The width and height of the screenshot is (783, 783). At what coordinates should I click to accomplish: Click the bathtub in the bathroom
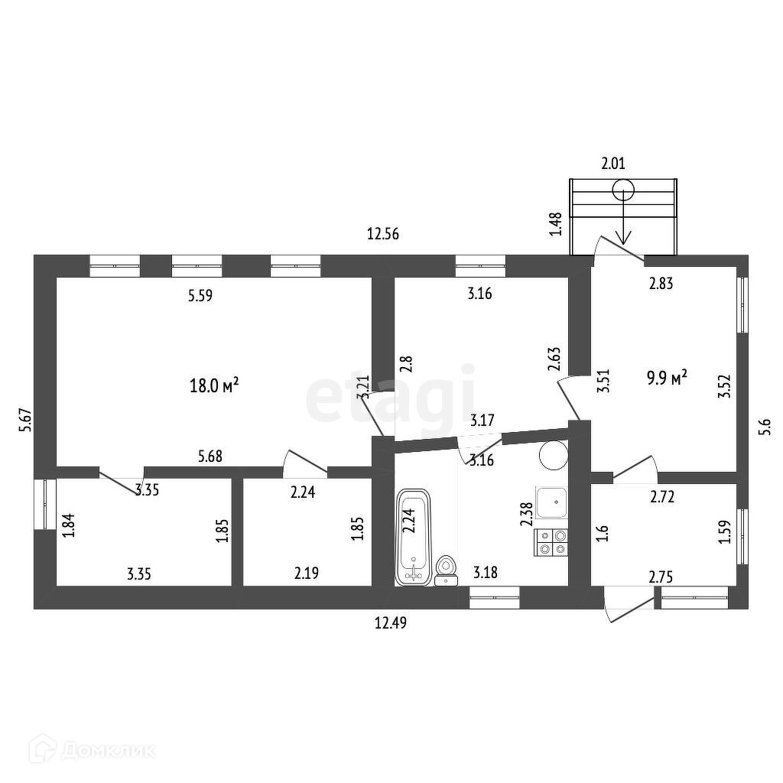point(414,538)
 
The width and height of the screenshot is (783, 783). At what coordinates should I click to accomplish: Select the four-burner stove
point(553,542)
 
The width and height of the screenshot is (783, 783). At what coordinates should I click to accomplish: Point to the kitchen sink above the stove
point(551,503)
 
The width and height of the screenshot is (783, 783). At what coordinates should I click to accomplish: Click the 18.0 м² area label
point(214,385)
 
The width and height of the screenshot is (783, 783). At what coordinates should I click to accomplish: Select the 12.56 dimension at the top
point(383,235)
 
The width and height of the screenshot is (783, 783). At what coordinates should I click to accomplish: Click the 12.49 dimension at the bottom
point(389,623)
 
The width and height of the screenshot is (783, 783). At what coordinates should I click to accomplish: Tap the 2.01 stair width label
point(614,163)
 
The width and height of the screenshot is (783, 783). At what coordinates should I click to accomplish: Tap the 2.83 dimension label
point(661,284)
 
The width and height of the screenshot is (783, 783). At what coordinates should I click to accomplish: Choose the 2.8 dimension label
point(406,362)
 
